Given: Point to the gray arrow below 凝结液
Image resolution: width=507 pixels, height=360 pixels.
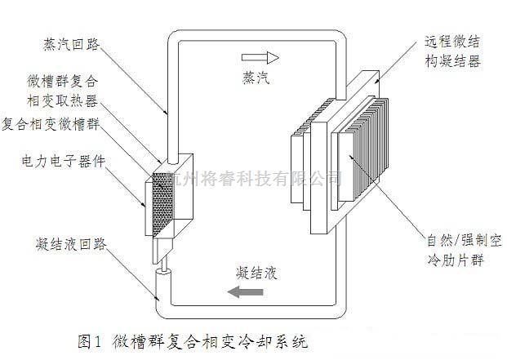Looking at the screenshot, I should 245,291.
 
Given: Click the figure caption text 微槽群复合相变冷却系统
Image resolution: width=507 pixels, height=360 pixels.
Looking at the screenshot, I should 213,338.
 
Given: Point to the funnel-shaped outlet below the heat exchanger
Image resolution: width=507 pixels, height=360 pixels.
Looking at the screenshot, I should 164,248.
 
